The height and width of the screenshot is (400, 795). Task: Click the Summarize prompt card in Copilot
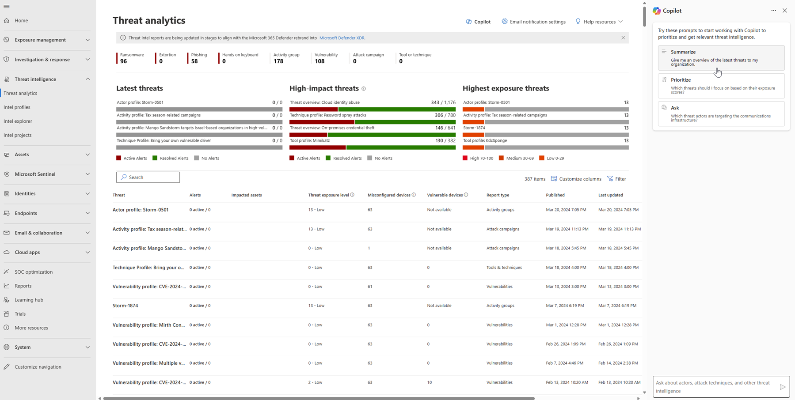[721, 57]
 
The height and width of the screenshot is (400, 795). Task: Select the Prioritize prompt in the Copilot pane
[721, 86]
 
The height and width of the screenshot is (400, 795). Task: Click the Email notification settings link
[533, 22]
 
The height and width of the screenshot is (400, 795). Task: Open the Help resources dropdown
[599, 22]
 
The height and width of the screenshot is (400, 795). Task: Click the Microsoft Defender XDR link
[342, 38]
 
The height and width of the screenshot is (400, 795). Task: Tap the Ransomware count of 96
[124, 61]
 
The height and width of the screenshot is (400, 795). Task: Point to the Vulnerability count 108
[320, 61]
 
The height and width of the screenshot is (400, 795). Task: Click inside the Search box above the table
[148, 177]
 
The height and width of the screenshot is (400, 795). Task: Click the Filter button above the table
[616, 179]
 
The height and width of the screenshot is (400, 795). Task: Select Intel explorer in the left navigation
[18, 121]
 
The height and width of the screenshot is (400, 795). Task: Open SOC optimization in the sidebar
[34, 272]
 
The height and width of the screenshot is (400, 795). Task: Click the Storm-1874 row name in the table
[126, 306]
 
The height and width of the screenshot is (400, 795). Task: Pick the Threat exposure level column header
[328, 195]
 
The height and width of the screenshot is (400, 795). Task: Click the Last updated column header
[610, 195]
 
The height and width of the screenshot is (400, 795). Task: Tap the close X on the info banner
[623, 38]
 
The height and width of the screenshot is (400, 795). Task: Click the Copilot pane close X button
[785, 11]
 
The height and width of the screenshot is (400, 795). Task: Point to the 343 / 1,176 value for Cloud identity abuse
[443, 102]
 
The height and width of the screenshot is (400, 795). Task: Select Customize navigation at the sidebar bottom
[38, 367]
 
